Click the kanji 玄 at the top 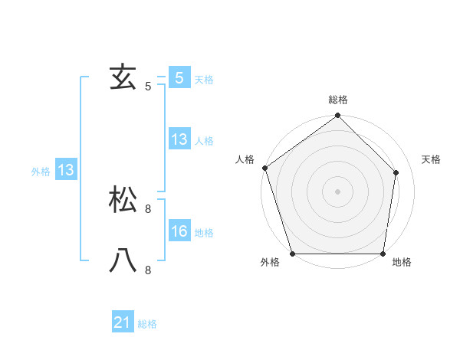click(123, 78)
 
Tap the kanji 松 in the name click(123, 201)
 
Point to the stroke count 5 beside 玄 click(148, 87)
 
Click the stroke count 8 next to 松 click(148, 208)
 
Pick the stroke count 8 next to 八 click(148, 270)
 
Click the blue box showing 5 click(179, 78)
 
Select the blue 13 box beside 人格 click(179, 139)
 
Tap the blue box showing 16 click(179, 231)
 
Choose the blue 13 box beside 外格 click(66, 170)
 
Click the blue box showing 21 click(123, 322)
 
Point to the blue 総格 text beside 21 click(148, 324)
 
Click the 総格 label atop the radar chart click(338, 100)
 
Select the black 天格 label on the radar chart click(431, 159)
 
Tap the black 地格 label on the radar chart click(402, 263)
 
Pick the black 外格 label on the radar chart click(270, 263)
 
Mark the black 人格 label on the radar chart click(245, 159)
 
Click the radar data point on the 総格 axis click(338, 116)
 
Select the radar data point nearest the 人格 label click(264, 168)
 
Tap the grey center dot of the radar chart click(338, 191)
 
